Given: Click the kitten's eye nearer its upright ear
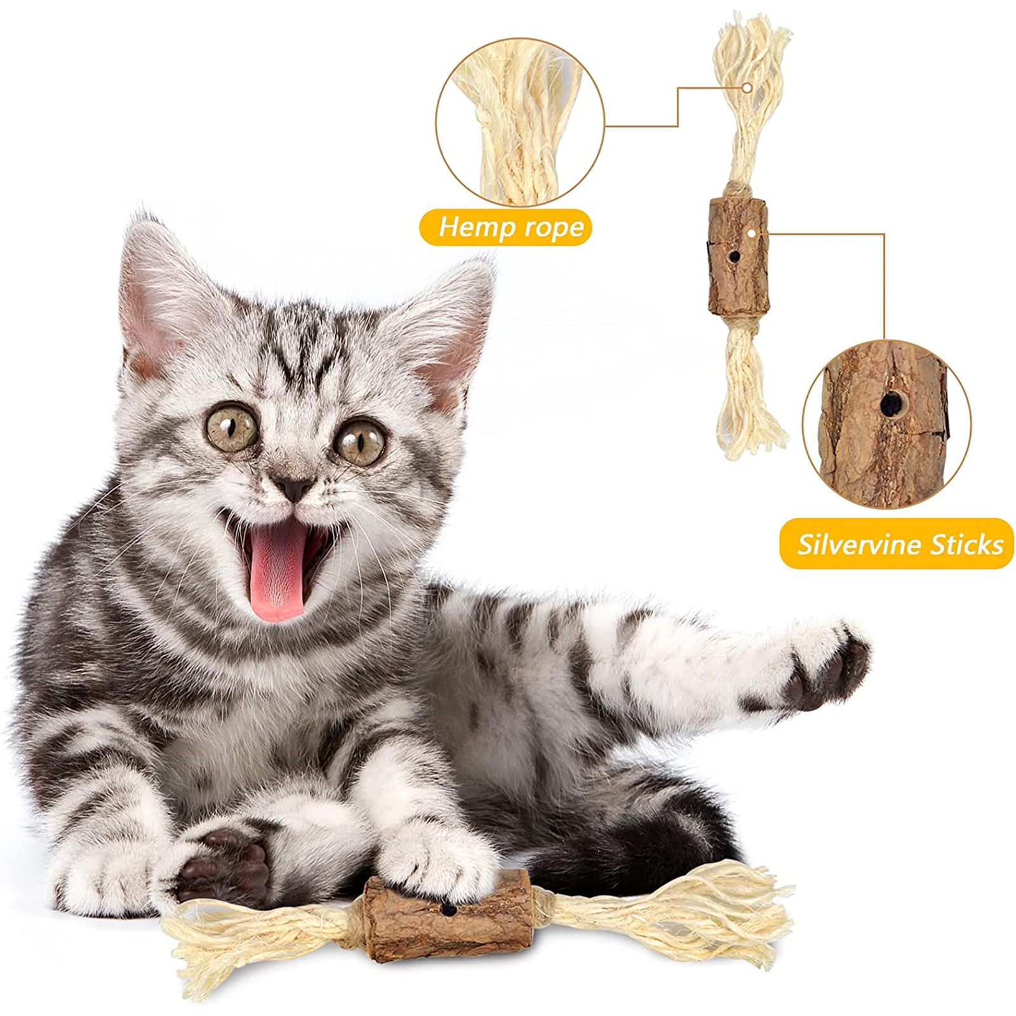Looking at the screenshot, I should pos(232,429).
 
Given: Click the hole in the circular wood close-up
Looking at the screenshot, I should pos(890,402).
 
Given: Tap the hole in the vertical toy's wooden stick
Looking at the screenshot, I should pos(734,257).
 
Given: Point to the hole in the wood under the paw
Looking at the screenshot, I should pos(448,911).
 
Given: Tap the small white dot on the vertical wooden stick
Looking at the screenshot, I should pos(752,233).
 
